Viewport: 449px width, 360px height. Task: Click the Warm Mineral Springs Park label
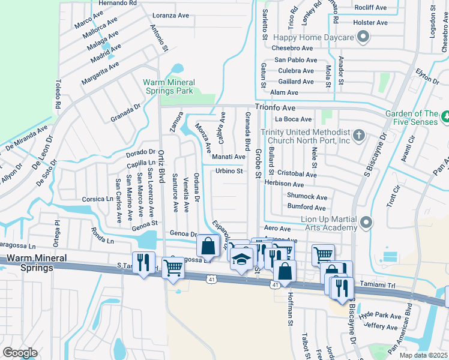pos(168,86)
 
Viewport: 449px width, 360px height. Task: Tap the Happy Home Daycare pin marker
pos(362,38)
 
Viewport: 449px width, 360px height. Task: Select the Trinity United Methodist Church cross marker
pos(358,134)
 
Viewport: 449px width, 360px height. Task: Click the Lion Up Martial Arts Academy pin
pos(366,223)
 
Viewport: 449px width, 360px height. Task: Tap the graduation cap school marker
pos(241,259)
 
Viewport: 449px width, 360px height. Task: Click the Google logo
pos(20,352)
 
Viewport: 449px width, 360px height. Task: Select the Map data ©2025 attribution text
pos(423,355)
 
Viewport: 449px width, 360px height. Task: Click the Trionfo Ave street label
pos(275,107)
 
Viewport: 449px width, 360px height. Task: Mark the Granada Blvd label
pos(247,131)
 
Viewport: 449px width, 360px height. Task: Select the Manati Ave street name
pos(229,157)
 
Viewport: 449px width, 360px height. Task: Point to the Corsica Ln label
pos(98,199)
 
